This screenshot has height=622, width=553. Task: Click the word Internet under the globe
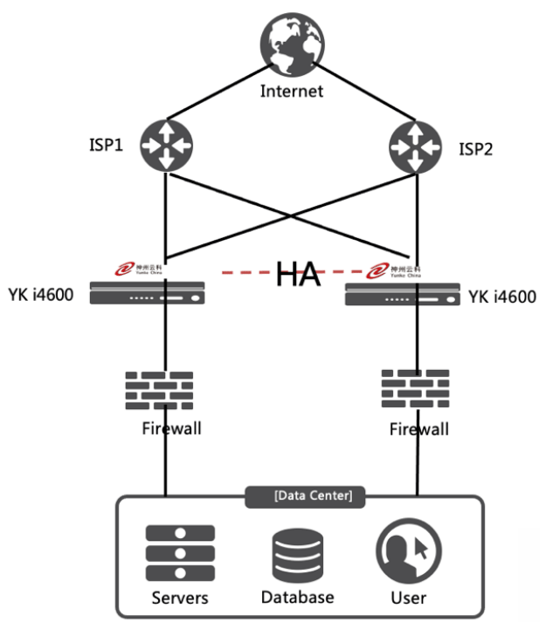pos(291,91)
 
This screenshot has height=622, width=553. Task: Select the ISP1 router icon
pos(164,144)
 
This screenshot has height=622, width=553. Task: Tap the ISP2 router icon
pos(416,145)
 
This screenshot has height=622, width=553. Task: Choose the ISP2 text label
pos(476,149)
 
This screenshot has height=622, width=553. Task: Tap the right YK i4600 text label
pos(502,297)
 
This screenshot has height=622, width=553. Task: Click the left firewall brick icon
pos(158,390)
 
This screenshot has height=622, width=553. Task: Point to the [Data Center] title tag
pos(313,496)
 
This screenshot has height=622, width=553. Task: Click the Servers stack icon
pos(180,553)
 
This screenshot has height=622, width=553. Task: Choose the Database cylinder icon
pos(297,554)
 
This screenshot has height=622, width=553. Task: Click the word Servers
pos(180,598)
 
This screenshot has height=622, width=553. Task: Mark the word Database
pos(297,598)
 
